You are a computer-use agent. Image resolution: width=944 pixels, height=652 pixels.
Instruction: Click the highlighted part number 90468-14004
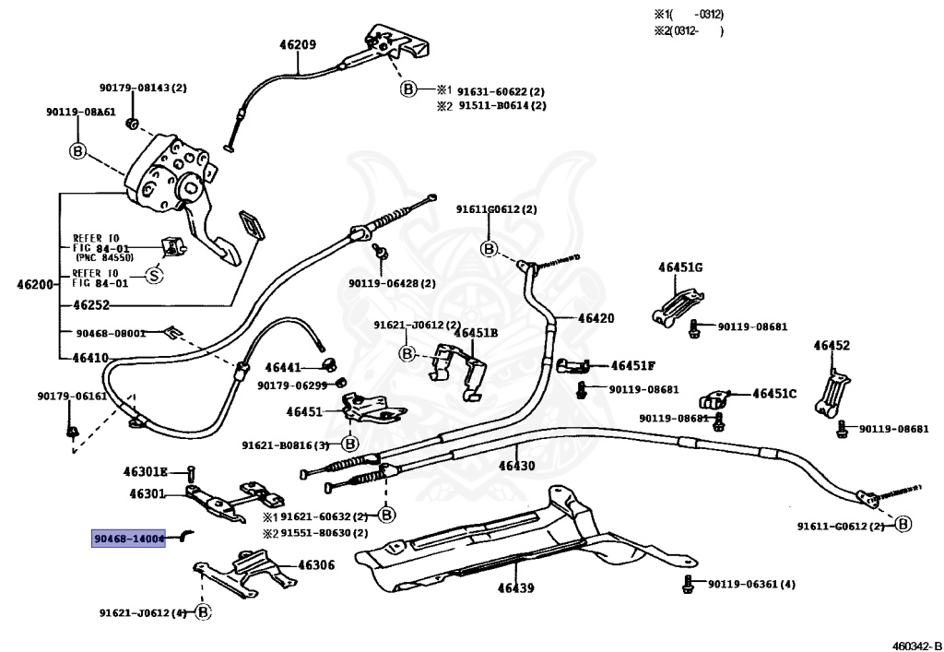coord(128,539)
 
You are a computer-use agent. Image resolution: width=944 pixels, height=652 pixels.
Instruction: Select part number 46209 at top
coord(298,44)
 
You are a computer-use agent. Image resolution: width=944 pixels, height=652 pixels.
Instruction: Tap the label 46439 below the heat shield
coord(515,588)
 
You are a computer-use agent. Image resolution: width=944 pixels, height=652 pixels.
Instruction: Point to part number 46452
coord(832,346)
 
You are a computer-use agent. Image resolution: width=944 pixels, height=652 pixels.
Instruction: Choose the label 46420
coord(596,318)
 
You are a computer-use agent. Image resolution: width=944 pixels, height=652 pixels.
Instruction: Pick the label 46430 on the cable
coord(516,466)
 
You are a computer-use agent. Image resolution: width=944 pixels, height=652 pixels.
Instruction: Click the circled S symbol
coord(155,276)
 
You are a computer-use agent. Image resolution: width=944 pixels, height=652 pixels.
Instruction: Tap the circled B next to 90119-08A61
coord(78,150)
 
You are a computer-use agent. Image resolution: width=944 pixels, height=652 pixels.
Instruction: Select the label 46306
coord(317,565)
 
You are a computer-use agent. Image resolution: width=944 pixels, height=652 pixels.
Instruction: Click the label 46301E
coord(146,471)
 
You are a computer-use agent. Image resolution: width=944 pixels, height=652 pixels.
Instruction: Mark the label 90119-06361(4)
coord(751,584)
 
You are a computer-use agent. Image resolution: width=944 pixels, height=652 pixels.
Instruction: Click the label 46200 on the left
coord(36,283)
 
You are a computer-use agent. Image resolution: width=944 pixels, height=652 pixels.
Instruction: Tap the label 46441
coord(284,367)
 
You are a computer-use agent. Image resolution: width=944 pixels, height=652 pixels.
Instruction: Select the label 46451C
coord(774,394)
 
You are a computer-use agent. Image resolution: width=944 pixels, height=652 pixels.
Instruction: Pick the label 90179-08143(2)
coord(143,88)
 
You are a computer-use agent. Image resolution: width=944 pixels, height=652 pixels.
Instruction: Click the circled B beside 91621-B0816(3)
coord(349,445)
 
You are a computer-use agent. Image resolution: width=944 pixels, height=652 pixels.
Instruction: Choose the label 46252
coord(91,304)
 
